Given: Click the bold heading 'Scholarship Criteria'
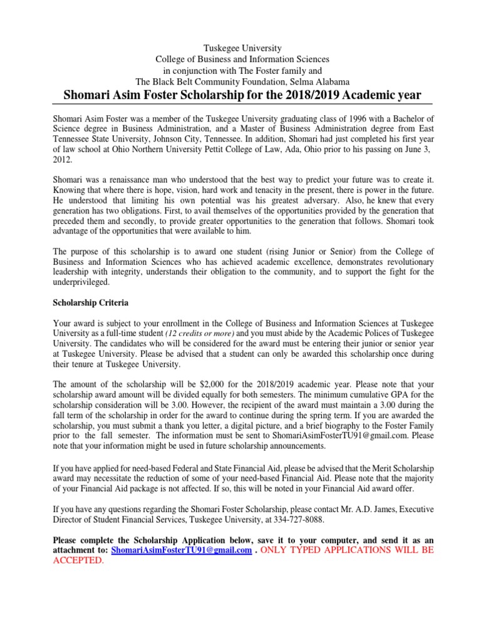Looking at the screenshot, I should [91, 303].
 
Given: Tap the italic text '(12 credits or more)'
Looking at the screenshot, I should [200, 334].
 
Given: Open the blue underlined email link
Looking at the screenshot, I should [181, 550].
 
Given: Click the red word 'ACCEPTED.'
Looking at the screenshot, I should [78, 560].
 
